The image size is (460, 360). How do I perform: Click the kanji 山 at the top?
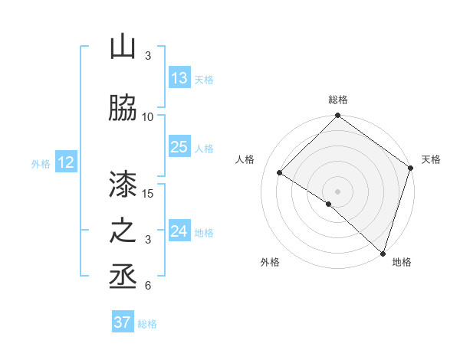[x=123, y=47]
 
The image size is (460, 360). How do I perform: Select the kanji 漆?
[x=123, y=184]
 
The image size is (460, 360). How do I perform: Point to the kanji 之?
[x=123, y=232]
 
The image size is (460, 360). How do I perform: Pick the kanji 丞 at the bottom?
[x=123, y=277]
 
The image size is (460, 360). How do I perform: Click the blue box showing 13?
[x=179, y=78]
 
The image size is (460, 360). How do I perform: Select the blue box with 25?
[x=179, y=147]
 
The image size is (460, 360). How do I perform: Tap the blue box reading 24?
[x=179, y=231]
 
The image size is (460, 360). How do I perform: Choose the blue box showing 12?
[x=66, y=162]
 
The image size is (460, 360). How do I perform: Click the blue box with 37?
[x=123, y=322]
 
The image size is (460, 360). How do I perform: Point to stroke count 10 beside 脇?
[x=148, y=116]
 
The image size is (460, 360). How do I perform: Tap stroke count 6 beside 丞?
[x=148, y=286]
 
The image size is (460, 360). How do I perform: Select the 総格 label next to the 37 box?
[x=147, y=324]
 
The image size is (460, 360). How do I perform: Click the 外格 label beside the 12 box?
[x=41, y=163]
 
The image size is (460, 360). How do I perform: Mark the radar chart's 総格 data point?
[x=337, y=116]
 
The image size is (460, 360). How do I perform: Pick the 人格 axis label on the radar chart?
[x=245, y=159]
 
